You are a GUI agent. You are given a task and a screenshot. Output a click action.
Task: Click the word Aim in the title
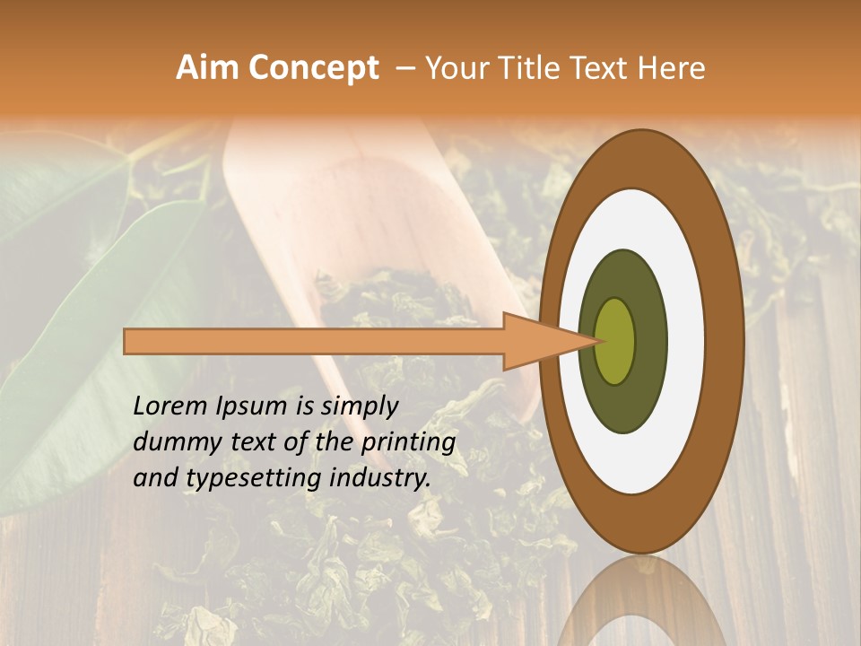pyautogui.click(x=207, y=68)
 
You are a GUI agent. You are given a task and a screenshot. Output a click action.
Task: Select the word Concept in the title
pyautogui.click(x=313, y=68)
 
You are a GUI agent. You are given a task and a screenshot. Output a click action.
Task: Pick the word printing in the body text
pyautogui.click(x=408, y=442)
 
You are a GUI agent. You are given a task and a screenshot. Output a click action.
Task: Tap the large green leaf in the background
pyautogui.click(x=99, y=341)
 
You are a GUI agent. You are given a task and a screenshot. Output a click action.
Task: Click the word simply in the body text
pyautogui.click(x=363, y=406)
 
